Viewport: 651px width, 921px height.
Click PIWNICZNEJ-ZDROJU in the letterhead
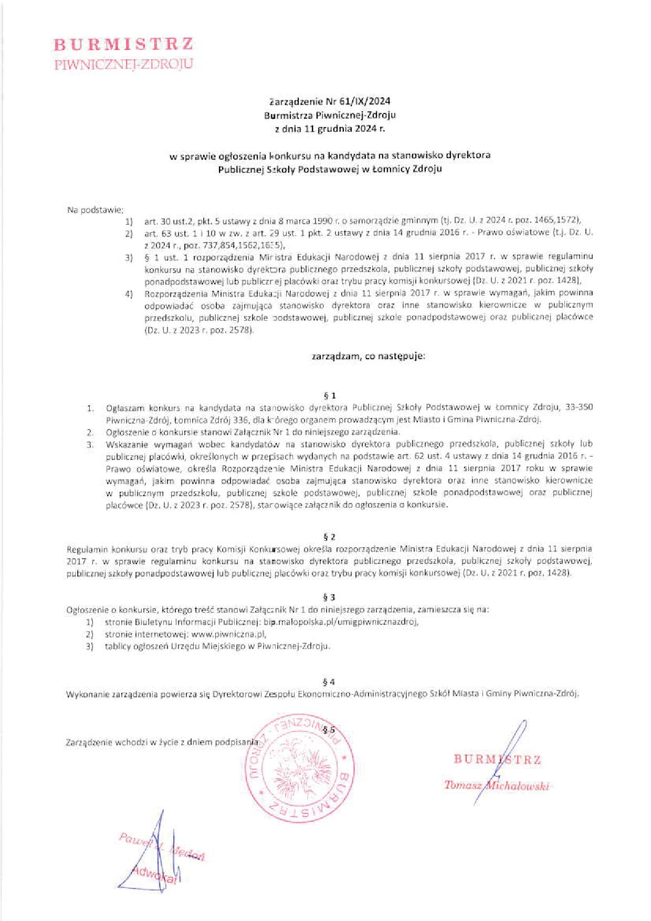tap(124, 65)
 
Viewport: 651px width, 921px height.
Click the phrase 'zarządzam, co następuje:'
tap(362, 356)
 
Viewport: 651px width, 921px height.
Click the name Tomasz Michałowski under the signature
tap(496, 786)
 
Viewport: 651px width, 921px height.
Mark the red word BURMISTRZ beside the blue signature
tap(497, 759)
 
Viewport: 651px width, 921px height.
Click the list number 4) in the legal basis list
tap(129, 292)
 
